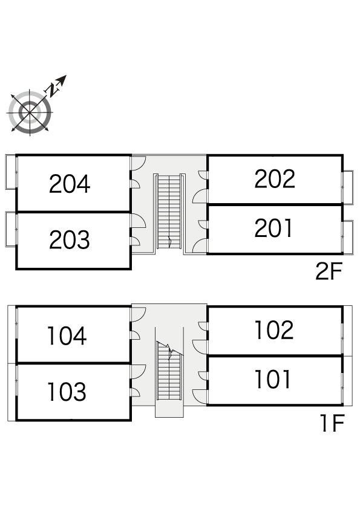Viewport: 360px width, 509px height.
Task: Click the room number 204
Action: (70, 184)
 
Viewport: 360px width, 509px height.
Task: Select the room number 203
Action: (70, 239)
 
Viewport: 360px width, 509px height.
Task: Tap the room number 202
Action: (275, 178)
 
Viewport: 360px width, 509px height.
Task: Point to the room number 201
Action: (273, 228)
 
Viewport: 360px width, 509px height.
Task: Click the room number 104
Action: (67, 336)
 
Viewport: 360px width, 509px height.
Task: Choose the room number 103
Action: (67, 392)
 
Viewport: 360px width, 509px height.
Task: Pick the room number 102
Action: (274, 330)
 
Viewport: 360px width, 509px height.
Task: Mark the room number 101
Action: (273, 379)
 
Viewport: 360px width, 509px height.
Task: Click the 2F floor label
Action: (329, 271)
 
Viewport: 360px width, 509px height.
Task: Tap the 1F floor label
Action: (333, 423)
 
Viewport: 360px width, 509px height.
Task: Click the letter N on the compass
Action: (50, 90)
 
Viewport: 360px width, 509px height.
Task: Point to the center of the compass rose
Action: (30, 112)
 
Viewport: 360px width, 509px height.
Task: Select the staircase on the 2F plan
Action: (169, 212)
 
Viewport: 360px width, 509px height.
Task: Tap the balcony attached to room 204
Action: (11, 172)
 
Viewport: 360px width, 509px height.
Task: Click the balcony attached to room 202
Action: (349, 187)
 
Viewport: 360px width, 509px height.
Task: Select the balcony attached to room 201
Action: (349, 238)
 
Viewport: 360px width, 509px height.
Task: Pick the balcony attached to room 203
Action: (11, 230)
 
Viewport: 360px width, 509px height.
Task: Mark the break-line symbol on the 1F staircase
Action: (170, 351)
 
